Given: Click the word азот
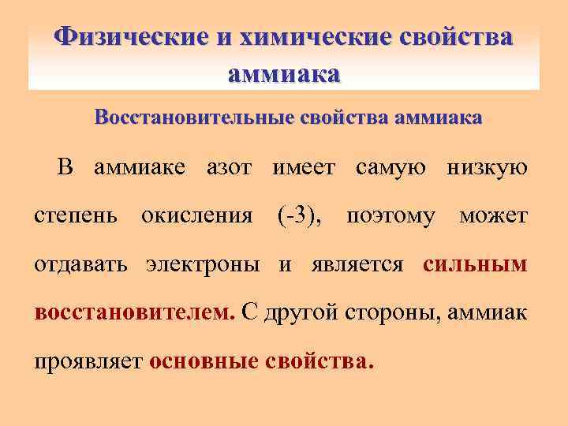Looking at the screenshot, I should click(x=229, y=167).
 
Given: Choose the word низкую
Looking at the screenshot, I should click(x=488, y=167).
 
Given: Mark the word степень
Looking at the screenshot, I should click(x=77, y=215).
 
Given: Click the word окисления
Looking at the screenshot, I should click(x=197, y=215).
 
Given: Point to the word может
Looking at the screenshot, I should click(x=493, y=215).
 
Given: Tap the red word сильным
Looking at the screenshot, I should click(x=475, y=264).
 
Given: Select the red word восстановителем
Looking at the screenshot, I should click(x=134, y=312).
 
